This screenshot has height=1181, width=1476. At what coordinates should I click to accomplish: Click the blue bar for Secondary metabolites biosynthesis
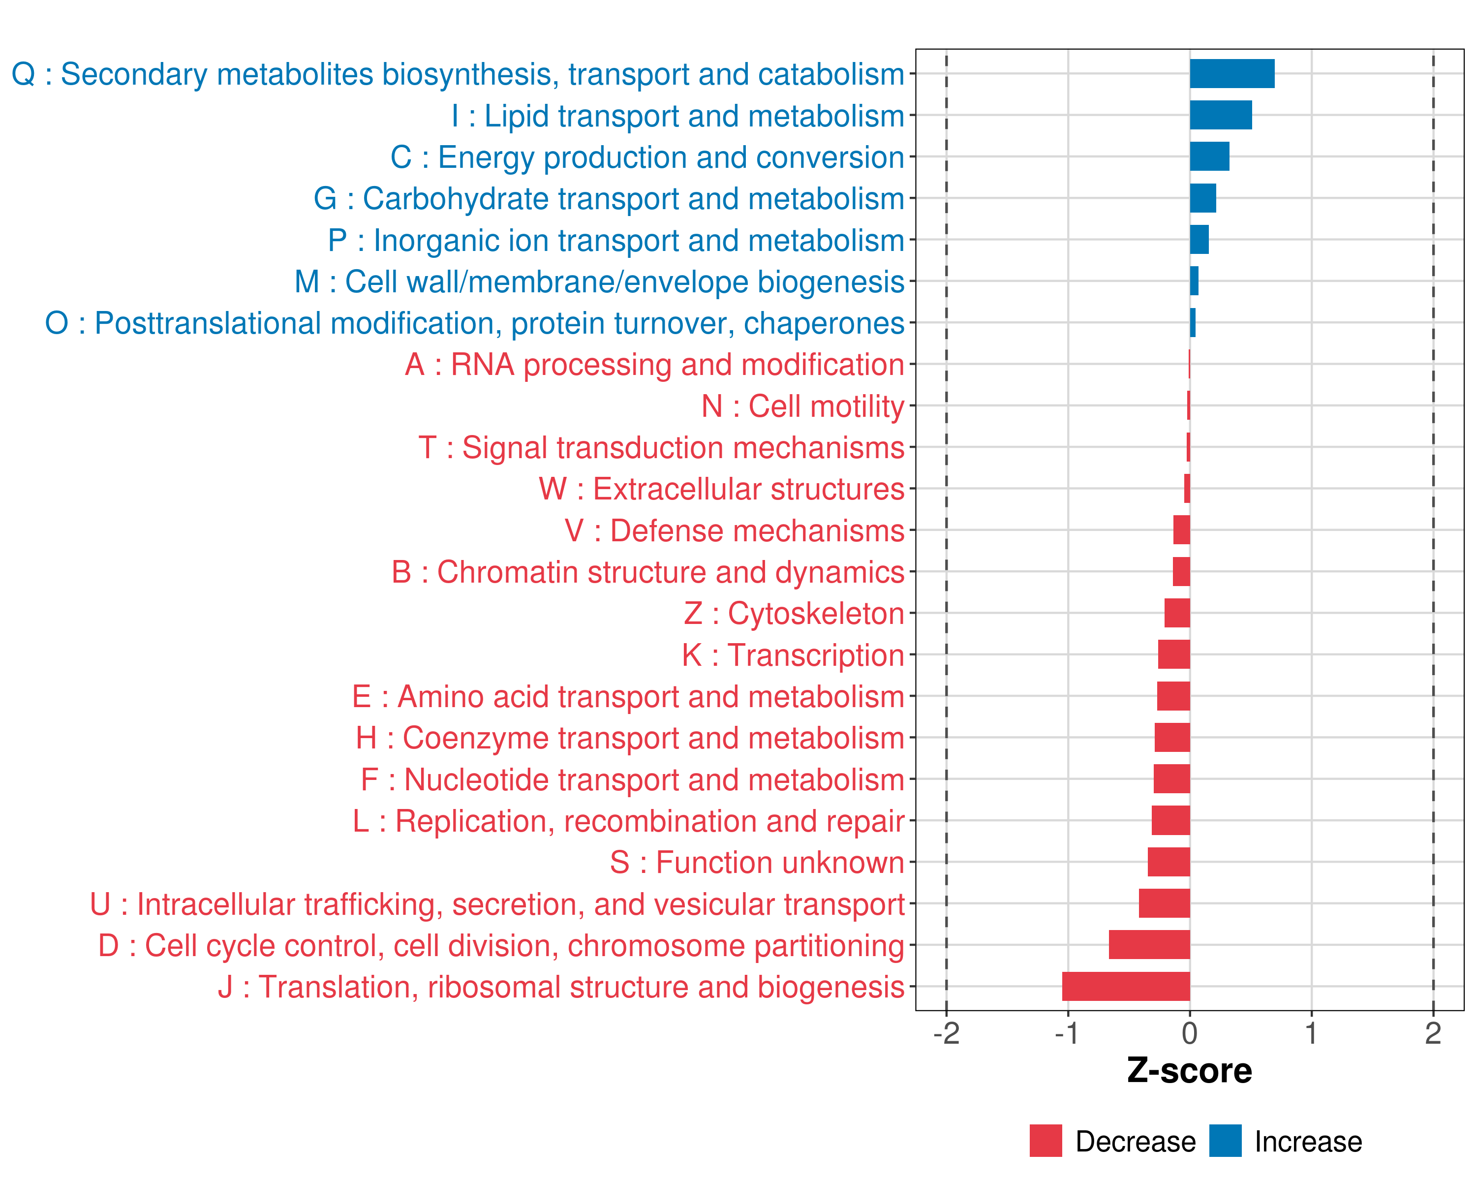point(1231,74)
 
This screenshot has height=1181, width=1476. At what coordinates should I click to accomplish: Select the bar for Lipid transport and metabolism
point(1221,115)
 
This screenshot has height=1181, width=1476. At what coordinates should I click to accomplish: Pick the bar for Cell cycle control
point(1149,945)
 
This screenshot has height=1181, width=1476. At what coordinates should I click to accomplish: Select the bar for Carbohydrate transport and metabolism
point(1203,198)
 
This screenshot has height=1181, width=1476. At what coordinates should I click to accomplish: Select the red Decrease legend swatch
point(1045,1141)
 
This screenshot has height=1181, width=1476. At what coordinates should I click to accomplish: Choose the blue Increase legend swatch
point(1225,1141)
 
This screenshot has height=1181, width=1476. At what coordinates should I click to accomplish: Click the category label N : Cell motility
point(802,406)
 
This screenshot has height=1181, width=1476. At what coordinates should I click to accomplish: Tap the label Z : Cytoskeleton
point(794,614)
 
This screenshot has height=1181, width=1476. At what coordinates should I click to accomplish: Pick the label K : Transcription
point(793,655)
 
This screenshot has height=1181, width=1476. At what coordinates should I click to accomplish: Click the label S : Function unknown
point(757,863)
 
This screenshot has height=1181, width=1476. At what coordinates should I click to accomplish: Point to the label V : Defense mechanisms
point(735,530)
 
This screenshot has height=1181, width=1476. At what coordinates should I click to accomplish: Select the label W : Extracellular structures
point(722,489)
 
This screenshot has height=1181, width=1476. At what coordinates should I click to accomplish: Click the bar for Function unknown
point(1168,862)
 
